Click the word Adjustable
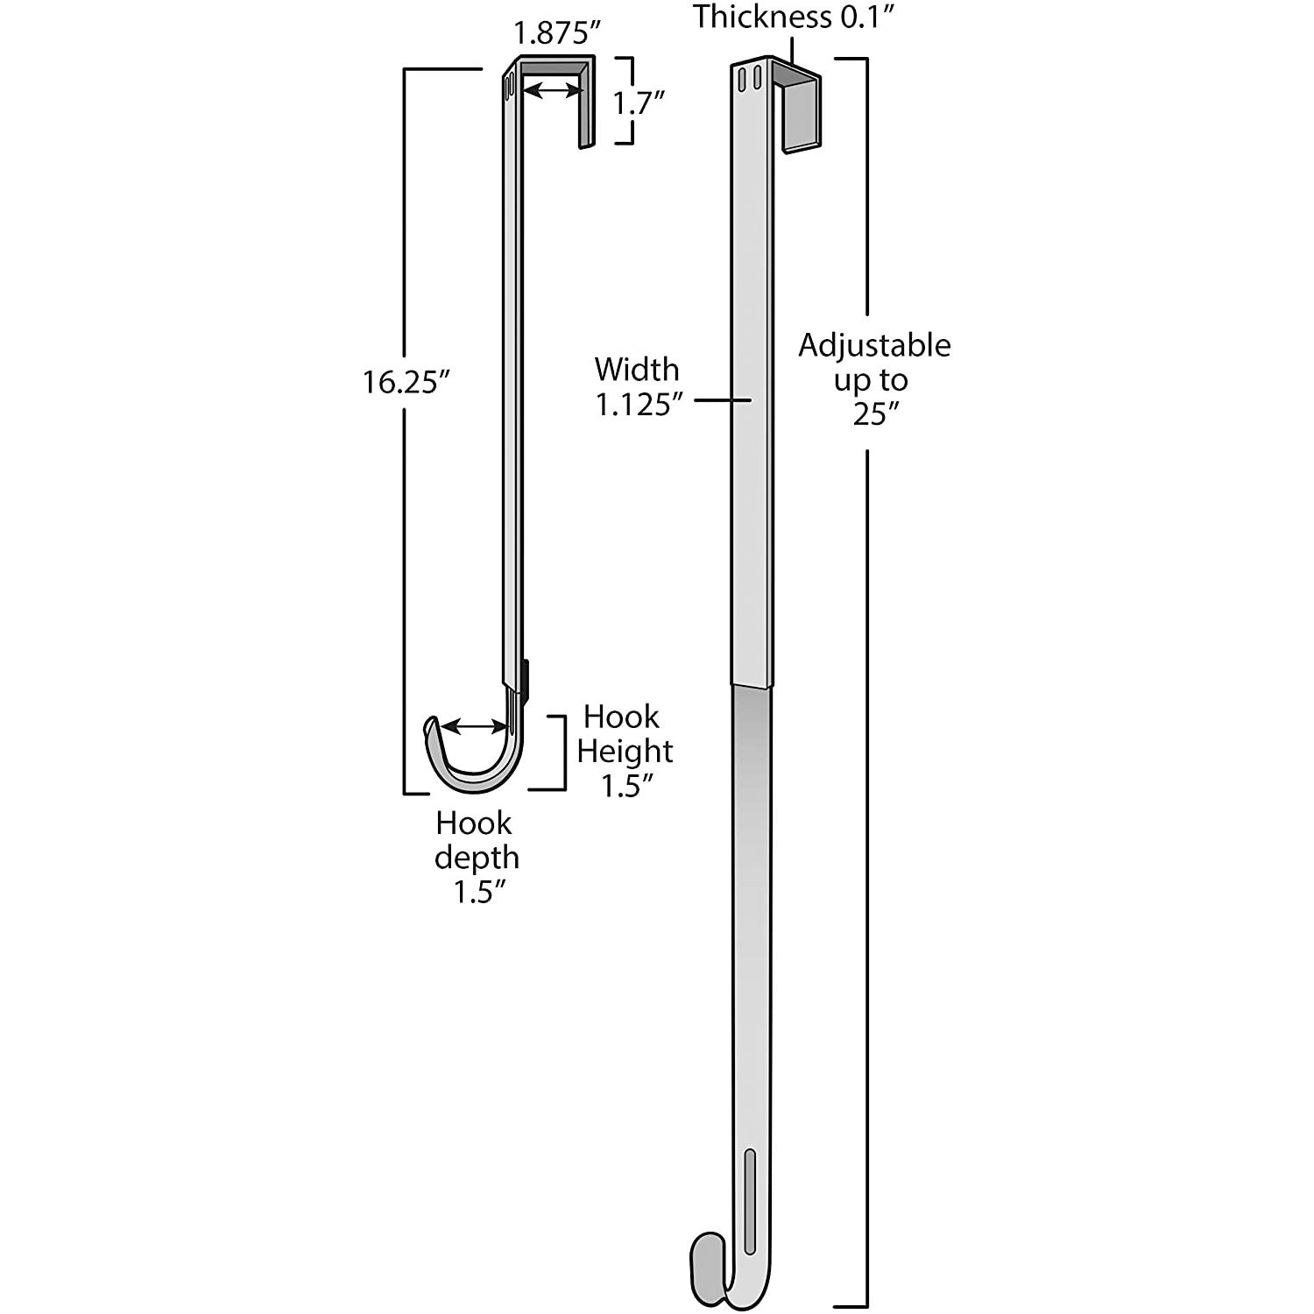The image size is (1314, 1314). point(874,347)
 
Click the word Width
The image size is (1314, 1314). point(637,369)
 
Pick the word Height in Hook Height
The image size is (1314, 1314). point(625,752)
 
